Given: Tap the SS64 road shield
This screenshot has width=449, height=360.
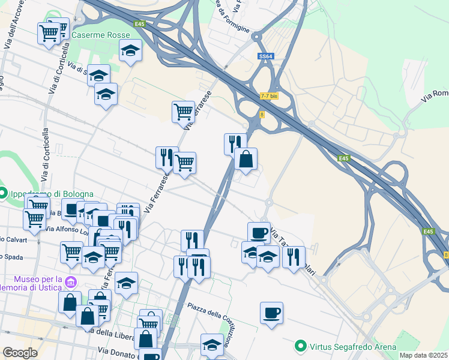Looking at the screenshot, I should click(266, 56).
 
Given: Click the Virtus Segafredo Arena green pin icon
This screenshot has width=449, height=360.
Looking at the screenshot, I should click(300, 346).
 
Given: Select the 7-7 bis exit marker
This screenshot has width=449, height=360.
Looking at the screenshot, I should click(270, 95).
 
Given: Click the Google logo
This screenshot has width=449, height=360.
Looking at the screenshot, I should click(20, 353).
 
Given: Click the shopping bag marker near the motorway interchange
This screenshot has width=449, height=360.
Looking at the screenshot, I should click(246, 160).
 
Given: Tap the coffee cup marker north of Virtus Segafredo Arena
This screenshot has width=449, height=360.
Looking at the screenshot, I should click(271, 313).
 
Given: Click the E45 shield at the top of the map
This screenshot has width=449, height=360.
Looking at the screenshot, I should click(140, 24).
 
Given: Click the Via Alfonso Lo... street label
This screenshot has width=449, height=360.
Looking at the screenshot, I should click(66, 229).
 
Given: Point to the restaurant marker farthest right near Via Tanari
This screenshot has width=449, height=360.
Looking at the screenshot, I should click(294, 257).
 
